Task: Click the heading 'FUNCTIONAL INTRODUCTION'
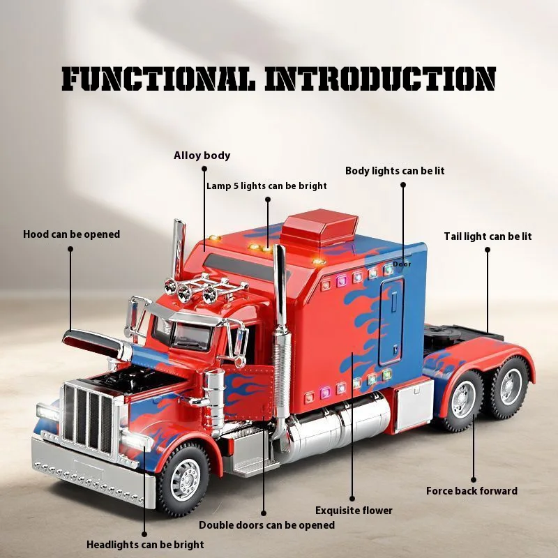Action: point(279,80)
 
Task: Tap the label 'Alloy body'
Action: point(202,156)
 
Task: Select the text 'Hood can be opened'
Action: point(71,234)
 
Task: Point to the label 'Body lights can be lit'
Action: point(395,171)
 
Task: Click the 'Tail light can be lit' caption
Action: point(488,236)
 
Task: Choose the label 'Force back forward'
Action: point(472,491)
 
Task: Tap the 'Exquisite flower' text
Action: point(354,511)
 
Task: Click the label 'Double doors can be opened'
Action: point(266,525)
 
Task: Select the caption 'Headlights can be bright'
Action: point(145,544)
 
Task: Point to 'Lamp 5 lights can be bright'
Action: point(266,186)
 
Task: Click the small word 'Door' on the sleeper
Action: point(402,264)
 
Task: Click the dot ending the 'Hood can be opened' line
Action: point(70,248)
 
